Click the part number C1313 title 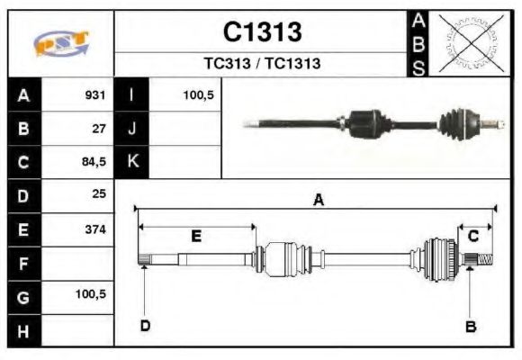(x=262, y=32)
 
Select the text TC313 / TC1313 (x=262, y=64)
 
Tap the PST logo (x=60, y=43)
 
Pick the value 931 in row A (x=95, y=94)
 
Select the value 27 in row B (x=99, y=128)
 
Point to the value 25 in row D (x=99, y=194)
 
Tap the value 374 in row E (x=95, y=229)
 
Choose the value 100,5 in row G (x=92, y=295)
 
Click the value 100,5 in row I (x=198, y=94)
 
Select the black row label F (x=24, y=263)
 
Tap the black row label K (x=132, y=162)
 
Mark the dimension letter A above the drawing (x=318, y=201)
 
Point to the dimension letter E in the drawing (x=196, y=237)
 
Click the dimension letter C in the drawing (x=472, y=236)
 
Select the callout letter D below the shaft (x=144, y=326)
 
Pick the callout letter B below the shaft (x=470, y=326)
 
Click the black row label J (x=132, y=128)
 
